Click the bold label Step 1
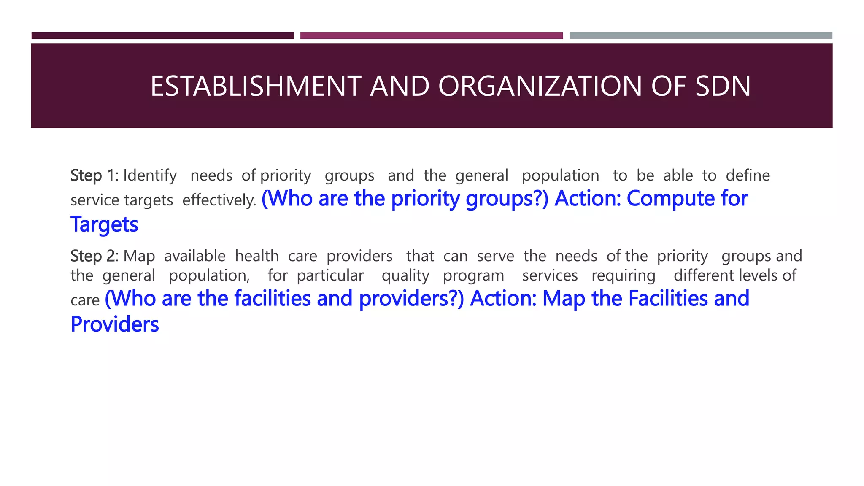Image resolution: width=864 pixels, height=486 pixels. pyautogui.click(x=92, y=175)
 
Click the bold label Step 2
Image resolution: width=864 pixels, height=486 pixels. pyautogui.click(x=92, y=256)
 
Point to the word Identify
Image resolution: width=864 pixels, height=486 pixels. pyautogui.click(x=150, y=175)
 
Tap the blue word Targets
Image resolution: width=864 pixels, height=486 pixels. pyautogui.click(x=104, y=224)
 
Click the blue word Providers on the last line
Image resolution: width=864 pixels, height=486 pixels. pyautogui.click(x=115, y=324)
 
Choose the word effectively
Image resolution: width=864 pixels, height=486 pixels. pyautogui.click(x=219, y=200)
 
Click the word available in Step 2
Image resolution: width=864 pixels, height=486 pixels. pyautogui.click(x=195, y=256)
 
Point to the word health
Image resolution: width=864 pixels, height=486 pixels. pyautogui.click(x=257, y=256)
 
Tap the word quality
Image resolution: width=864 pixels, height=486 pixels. pyautogui.click(x=405, y=276)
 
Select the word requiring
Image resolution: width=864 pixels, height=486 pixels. pyautogui.click(x=624, y=276)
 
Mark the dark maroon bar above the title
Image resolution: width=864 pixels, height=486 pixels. pyautogui.click(x=162, y=36)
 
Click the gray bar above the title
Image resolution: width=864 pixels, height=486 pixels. pyautogui.click(x=701, y=36)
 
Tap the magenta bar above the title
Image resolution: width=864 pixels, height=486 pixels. pyautogui.click(x=431, y=36)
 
